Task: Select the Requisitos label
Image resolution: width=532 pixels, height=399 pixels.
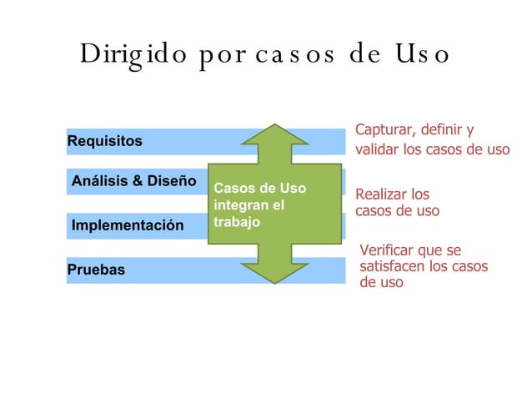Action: (104, 141)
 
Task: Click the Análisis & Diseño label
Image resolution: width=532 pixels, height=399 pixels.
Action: (134, 180)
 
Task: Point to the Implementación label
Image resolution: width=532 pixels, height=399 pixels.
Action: (128, 225)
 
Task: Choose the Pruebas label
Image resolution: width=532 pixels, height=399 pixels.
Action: (96, 270)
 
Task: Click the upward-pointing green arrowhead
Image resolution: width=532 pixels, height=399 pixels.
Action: (275, 139)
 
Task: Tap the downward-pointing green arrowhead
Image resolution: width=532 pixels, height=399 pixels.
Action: (275, 267)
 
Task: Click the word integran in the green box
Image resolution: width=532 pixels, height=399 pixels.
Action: (238, 205)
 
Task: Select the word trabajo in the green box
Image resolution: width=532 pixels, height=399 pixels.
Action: (237, 223)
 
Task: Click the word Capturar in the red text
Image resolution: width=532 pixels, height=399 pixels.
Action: (383, 130)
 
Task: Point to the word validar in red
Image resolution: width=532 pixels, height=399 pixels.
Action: (377, 151)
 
